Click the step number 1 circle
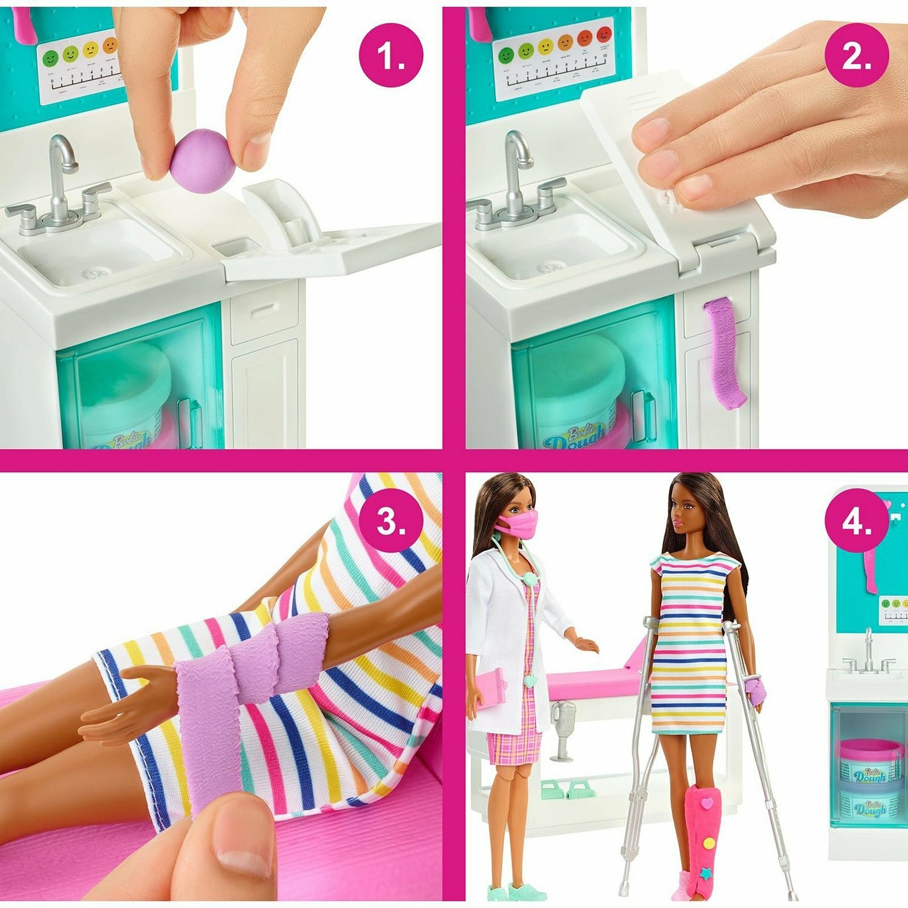point(390,56)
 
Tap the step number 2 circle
point(856,56)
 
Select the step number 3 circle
point(390,521)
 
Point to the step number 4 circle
point(856,521)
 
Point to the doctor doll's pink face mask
point(521,524)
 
